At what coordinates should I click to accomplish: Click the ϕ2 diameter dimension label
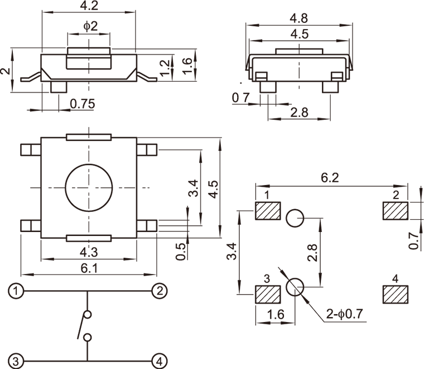[x=90, y=26]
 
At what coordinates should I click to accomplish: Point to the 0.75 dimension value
[x=83, y=103]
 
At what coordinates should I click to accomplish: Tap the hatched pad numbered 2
[x=396, y=211]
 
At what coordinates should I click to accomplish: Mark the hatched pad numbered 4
[x=396, y=294]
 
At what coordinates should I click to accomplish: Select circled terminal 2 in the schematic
[x=160, y=291]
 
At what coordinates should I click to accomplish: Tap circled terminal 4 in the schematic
[x=160, y=361]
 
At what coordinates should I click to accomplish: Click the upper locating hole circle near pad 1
[x=295, y=218]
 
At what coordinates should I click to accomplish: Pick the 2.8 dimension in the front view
[x=300, y=112]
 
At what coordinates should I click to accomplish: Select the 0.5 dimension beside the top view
[x=181, y=251]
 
